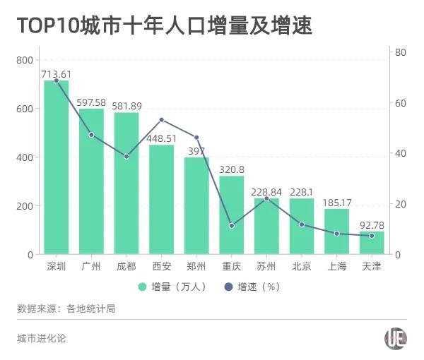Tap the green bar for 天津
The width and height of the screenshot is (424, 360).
coord(372,243)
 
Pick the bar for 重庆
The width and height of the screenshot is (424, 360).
coord(232,215)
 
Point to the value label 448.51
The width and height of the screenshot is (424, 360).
coord(161,138)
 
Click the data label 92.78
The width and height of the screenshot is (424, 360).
coord(372,225)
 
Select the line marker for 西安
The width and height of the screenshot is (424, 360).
coord(161,120)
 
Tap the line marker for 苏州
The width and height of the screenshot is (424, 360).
coord(266,198)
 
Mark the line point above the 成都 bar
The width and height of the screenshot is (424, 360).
coord(126,157)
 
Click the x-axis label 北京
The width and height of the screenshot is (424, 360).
coord(302,267)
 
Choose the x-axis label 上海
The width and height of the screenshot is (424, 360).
coord(336,267)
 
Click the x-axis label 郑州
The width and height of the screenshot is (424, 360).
coord(196,267)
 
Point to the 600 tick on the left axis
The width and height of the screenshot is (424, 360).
coord(25,109)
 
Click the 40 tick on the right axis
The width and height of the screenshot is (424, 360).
coord(400,153)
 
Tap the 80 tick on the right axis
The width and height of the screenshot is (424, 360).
coord(400,52)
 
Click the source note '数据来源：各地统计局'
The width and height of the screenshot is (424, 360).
coord(66,308)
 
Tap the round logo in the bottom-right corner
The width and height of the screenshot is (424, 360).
coord(396,339)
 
